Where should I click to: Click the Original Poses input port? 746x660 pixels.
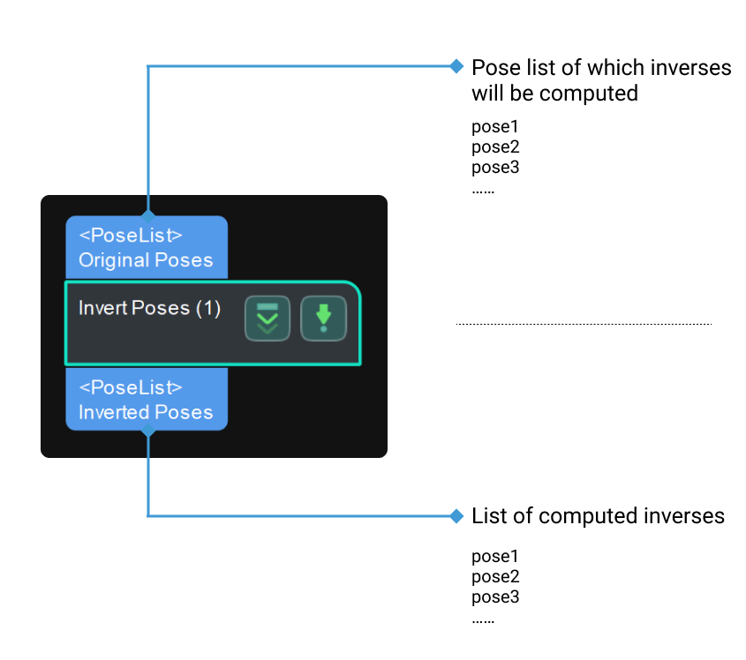(x=147, y=248)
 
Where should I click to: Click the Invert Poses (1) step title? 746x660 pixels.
(x=149, y=308)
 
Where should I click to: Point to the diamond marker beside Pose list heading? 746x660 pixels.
(x=456, y=65)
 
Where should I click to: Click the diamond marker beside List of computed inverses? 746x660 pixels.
(x=456, y=515)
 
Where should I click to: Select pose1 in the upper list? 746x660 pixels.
(x=494, y=127)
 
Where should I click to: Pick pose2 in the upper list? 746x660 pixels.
(x=494, y=147)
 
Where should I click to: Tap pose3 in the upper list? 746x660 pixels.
(x=494, y=168)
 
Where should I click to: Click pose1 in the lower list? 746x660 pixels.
(x=494, y=557)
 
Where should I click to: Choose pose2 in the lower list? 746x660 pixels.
(x=494, y=577)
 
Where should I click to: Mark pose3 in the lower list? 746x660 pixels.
(x=494, y=597)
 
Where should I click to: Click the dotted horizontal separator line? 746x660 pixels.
(x=583, y=324)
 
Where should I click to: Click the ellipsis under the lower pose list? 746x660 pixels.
(x=483, y=620)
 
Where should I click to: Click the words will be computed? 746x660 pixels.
(x=554, y=94)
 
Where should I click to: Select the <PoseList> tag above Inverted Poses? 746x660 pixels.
(x=131, y=387)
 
